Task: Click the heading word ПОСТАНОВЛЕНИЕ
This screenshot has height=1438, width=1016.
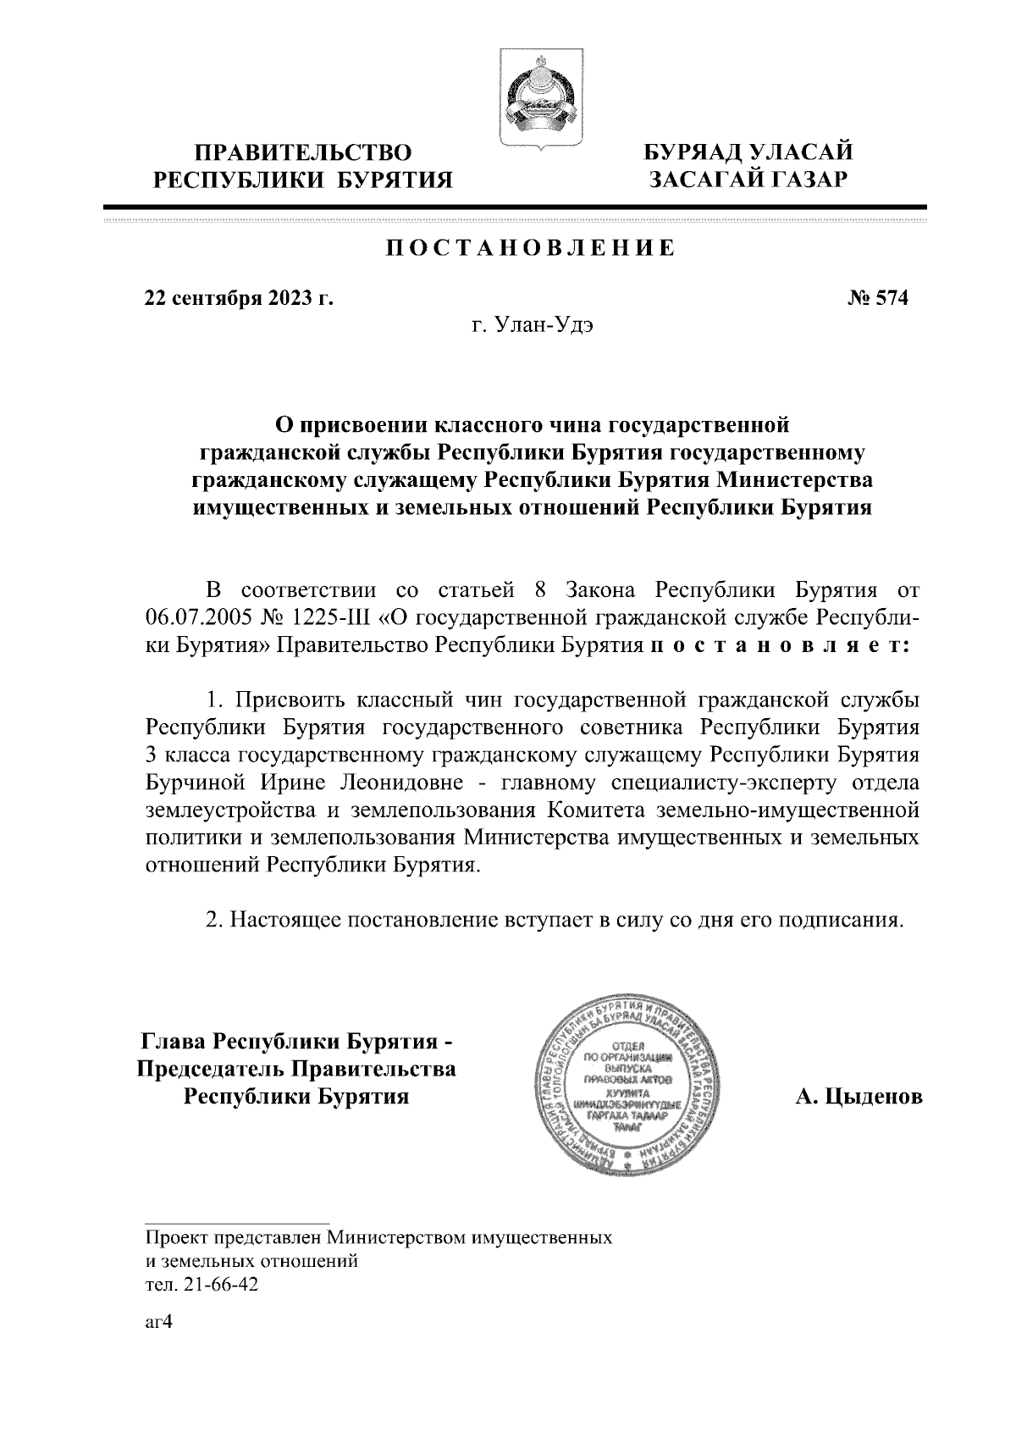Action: tap(530, 247)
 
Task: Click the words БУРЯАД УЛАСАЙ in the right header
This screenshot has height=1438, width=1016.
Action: tap(748, 153)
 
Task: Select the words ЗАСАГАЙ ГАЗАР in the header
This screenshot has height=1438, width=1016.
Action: tap(748, 180)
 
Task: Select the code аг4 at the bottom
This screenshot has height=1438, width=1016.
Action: tap(159, 1322)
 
